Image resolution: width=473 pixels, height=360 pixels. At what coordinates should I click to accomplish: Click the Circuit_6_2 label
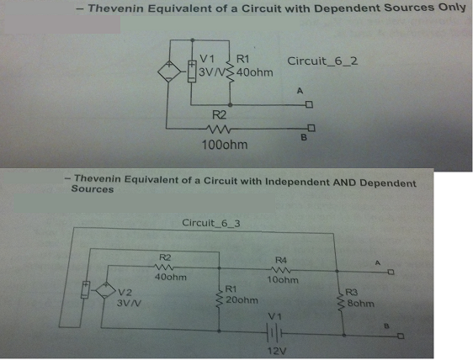point(322,61)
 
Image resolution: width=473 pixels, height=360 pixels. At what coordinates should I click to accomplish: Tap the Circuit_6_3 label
point(211,223)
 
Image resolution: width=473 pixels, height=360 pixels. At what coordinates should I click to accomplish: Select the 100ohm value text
point(225,145)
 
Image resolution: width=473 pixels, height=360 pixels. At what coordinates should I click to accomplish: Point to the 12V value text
point(277,352)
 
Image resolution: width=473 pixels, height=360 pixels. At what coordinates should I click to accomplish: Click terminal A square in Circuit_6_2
point(309,105)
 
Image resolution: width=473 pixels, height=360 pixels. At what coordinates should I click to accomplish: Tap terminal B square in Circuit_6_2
point(311,128)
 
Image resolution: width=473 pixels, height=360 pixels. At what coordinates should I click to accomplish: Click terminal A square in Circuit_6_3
point(391,273)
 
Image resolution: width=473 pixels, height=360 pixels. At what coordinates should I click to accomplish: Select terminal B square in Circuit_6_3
point(401,336)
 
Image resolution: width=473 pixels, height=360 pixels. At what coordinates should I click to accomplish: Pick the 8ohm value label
point(361,304)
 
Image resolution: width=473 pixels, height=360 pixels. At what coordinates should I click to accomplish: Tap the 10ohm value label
point(283,280)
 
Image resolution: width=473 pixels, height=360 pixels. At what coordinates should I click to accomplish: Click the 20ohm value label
point(242,300)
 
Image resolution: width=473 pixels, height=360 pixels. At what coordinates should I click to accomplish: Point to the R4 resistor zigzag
point(281,269)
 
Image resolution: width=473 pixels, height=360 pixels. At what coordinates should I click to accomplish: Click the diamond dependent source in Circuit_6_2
point(169,71)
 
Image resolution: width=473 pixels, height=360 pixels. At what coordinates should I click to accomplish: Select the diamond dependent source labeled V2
point(105,290)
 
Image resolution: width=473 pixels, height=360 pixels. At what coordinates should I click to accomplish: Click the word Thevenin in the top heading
point(116,8)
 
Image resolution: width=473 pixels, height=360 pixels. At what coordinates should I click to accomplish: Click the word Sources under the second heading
point(93,189)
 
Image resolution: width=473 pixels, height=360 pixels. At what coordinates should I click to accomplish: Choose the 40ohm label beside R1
point(255,72)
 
